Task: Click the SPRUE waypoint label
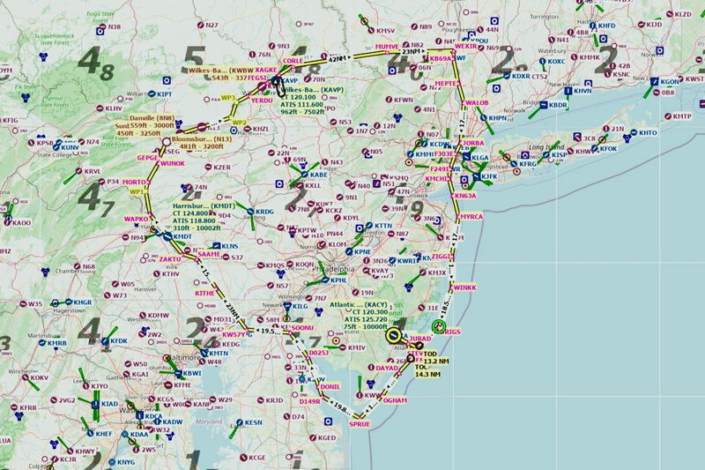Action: coord(360,423)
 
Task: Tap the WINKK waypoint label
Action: coord(464,287)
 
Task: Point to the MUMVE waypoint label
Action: coord(386,46)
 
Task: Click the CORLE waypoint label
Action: coord(293,61)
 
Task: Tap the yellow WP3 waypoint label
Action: coord(228,97)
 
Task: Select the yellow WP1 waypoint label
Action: coord(137,190)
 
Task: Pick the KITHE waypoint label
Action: coord(204,293)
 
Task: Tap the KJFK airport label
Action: coord(490,176)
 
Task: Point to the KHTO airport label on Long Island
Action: coord(649,133)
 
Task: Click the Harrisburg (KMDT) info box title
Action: coord(192,205)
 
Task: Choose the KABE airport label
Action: coord(320,175)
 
